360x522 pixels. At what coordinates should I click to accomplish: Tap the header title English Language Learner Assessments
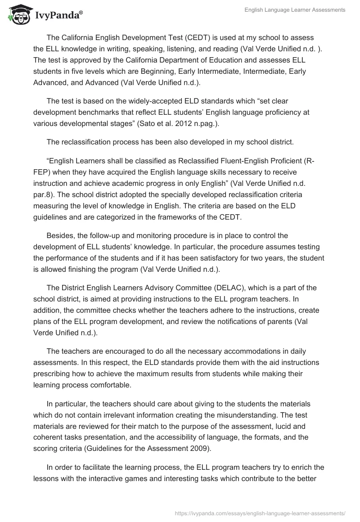[x=295, y=10]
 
